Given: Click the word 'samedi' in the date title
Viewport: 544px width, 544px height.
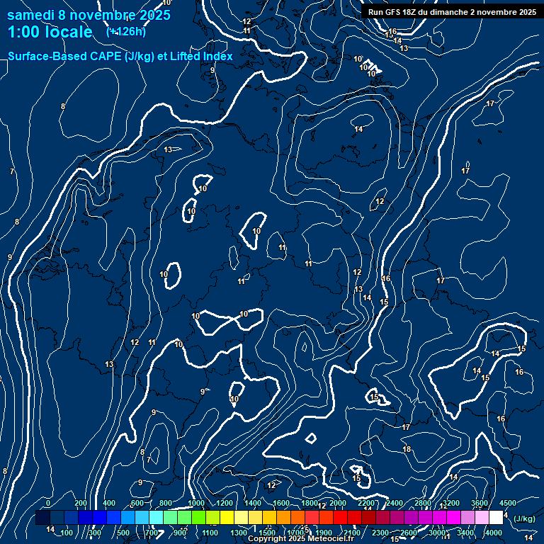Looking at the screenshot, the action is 30,16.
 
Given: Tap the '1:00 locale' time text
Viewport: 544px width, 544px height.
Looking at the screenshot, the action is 50,33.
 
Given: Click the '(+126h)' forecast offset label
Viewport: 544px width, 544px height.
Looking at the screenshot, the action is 126,32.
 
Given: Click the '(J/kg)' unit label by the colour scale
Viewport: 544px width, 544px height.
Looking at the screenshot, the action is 523,518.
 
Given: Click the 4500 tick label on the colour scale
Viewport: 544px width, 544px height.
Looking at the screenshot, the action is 508,503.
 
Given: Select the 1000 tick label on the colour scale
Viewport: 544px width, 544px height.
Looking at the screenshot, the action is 196,503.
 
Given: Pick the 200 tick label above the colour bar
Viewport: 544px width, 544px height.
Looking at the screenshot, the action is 81,503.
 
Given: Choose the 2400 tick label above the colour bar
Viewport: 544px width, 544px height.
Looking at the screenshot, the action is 395,503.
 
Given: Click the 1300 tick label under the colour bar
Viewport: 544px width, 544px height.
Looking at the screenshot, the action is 239,533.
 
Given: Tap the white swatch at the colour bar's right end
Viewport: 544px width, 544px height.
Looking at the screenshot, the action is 496,518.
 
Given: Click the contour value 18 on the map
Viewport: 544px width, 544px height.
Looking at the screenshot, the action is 407,449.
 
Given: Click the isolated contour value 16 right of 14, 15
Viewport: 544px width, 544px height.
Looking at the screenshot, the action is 519,372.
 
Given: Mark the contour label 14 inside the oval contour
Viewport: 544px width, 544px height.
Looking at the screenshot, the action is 359,129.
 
